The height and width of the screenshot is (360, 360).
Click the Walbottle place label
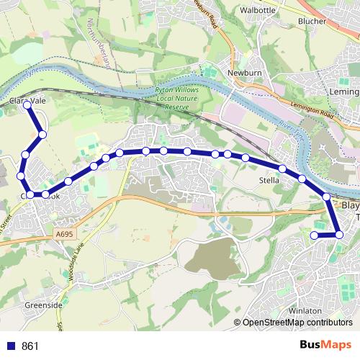(257, 11)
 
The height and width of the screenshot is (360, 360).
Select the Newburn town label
(242, 73)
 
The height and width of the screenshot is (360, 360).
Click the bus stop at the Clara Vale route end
(27, 105)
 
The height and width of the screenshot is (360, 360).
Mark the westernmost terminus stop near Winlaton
(314, 235)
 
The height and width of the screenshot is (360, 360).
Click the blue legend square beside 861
(11, 346)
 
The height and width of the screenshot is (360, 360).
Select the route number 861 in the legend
(30, 346)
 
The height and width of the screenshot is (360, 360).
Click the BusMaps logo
(322, 346)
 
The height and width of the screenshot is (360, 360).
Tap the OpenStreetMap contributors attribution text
(297, 323)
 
